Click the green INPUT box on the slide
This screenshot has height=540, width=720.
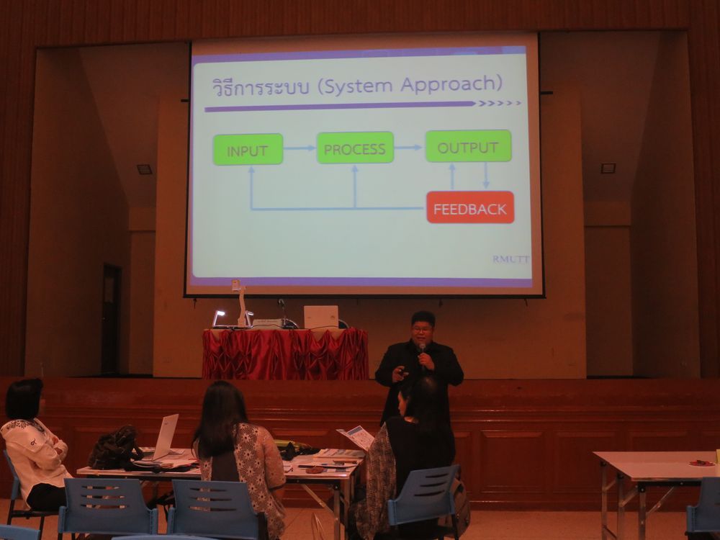click(248, 150)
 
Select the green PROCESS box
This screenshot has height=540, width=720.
click(355, 148)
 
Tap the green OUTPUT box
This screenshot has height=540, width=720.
click(469, 146)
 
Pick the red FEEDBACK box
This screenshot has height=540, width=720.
click(470, 208)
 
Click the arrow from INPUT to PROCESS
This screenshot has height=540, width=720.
click(300, 148)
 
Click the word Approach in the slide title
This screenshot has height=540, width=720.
click(451, 84)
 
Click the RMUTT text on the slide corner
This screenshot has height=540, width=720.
click(510, 259)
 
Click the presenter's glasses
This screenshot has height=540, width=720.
click(421, 329)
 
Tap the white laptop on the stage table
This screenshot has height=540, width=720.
click(321, 317)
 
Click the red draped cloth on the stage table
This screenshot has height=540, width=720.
click(285, 354)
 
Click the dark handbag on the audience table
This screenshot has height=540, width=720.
click(114, 448)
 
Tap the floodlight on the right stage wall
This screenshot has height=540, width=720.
click(608, 168)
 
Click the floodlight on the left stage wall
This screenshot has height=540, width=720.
click(144, 169)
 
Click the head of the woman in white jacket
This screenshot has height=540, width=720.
click(24, 399)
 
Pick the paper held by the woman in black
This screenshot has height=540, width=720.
click(356, 437)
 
